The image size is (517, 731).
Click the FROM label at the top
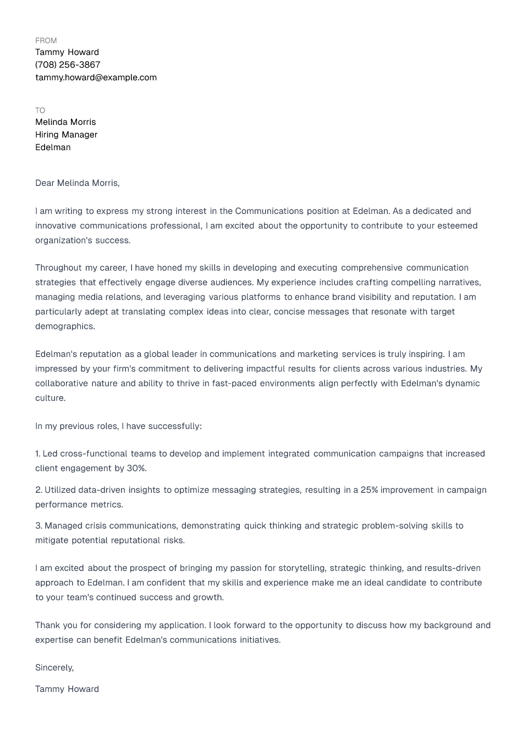[46, 40]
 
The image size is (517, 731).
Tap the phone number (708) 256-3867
[68, 64]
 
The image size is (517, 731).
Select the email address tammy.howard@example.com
[96, 77]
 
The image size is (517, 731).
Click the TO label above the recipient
[40, 110]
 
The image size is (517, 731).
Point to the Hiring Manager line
[66, 134]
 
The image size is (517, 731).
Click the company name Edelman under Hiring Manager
[53, 147]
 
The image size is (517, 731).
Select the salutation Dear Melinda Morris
[77, 183]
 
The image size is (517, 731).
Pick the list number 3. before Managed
[38, 525]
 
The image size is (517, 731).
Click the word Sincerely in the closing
[53, 667]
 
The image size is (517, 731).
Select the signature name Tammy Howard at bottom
[67, 689]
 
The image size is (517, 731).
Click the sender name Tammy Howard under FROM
[67, 52]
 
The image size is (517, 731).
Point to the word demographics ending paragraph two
[64, 326]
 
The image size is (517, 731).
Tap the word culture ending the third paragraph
[50, 398]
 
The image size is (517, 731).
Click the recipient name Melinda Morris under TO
[65, 122]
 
